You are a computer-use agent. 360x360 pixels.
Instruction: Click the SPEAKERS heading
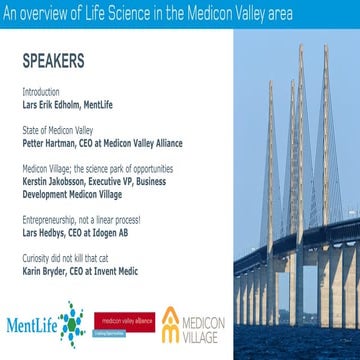point(50,59)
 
